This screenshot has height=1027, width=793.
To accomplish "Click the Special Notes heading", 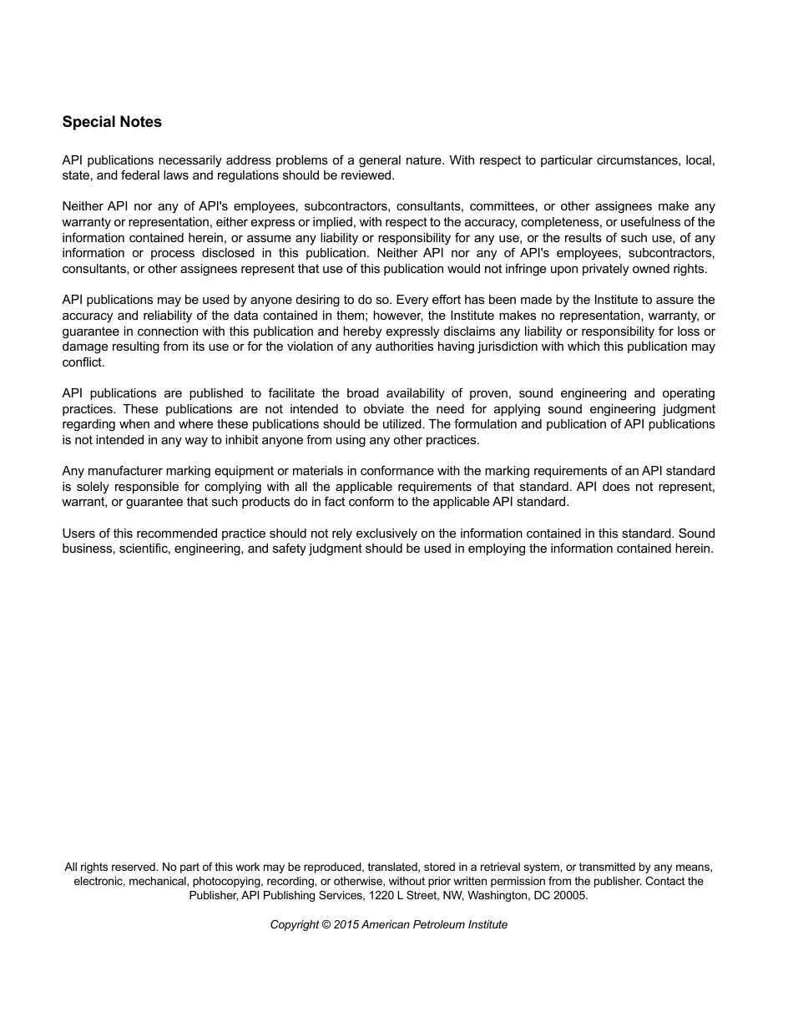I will pos(112,122).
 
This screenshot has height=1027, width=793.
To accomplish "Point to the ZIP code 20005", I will pos(570,895).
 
